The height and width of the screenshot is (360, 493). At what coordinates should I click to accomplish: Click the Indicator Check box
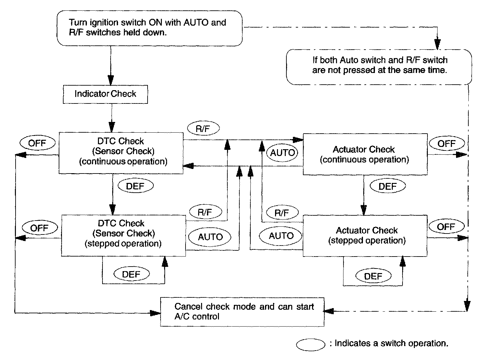pos(105,94)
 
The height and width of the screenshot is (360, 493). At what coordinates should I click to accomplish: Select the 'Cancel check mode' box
pos(242,312)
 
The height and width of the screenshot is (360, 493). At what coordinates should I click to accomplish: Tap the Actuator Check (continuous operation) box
pos(365,154)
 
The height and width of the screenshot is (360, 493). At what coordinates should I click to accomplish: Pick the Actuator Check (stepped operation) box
pos(365,236)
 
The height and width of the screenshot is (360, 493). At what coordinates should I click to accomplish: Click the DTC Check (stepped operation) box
pos(124,235)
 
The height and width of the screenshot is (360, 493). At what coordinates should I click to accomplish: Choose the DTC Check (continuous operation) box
pos(121,153)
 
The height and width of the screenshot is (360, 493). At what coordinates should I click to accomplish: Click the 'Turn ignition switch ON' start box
pos(150,28)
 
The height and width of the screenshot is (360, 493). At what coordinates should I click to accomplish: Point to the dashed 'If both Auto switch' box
pos(379,67)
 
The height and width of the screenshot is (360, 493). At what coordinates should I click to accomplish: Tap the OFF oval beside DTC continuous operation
pos(37,143)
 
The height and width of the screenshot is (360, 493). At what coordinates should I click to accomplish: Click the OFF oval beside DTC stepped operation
pos(40,228)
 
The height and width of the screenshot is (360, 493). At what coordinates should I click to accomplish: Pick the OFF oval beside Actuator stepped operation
pos(446,226)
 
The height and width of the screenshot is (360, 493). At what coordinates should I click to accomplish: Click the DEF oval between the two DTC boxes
pos(136,186)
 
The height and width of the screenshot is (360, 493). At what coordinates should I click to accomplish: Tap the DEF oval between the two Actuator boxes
pos(388,186)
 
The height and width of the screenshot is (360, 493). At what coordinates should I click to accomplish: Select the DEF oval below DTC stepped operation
pos(132,274)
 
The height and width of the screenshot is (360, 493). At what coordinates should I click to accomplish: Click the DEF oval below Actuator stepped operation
pos(373,276)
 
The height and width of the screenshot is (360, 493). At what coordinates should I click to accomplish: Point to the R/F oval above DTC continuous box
pos(203,128)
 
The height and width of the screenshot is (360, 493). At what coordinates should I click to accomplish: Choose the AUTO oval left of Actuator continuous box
pos(282,152)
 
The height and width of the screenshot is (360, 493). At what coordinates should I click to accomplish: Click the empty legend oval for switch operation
pos(310,345)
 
